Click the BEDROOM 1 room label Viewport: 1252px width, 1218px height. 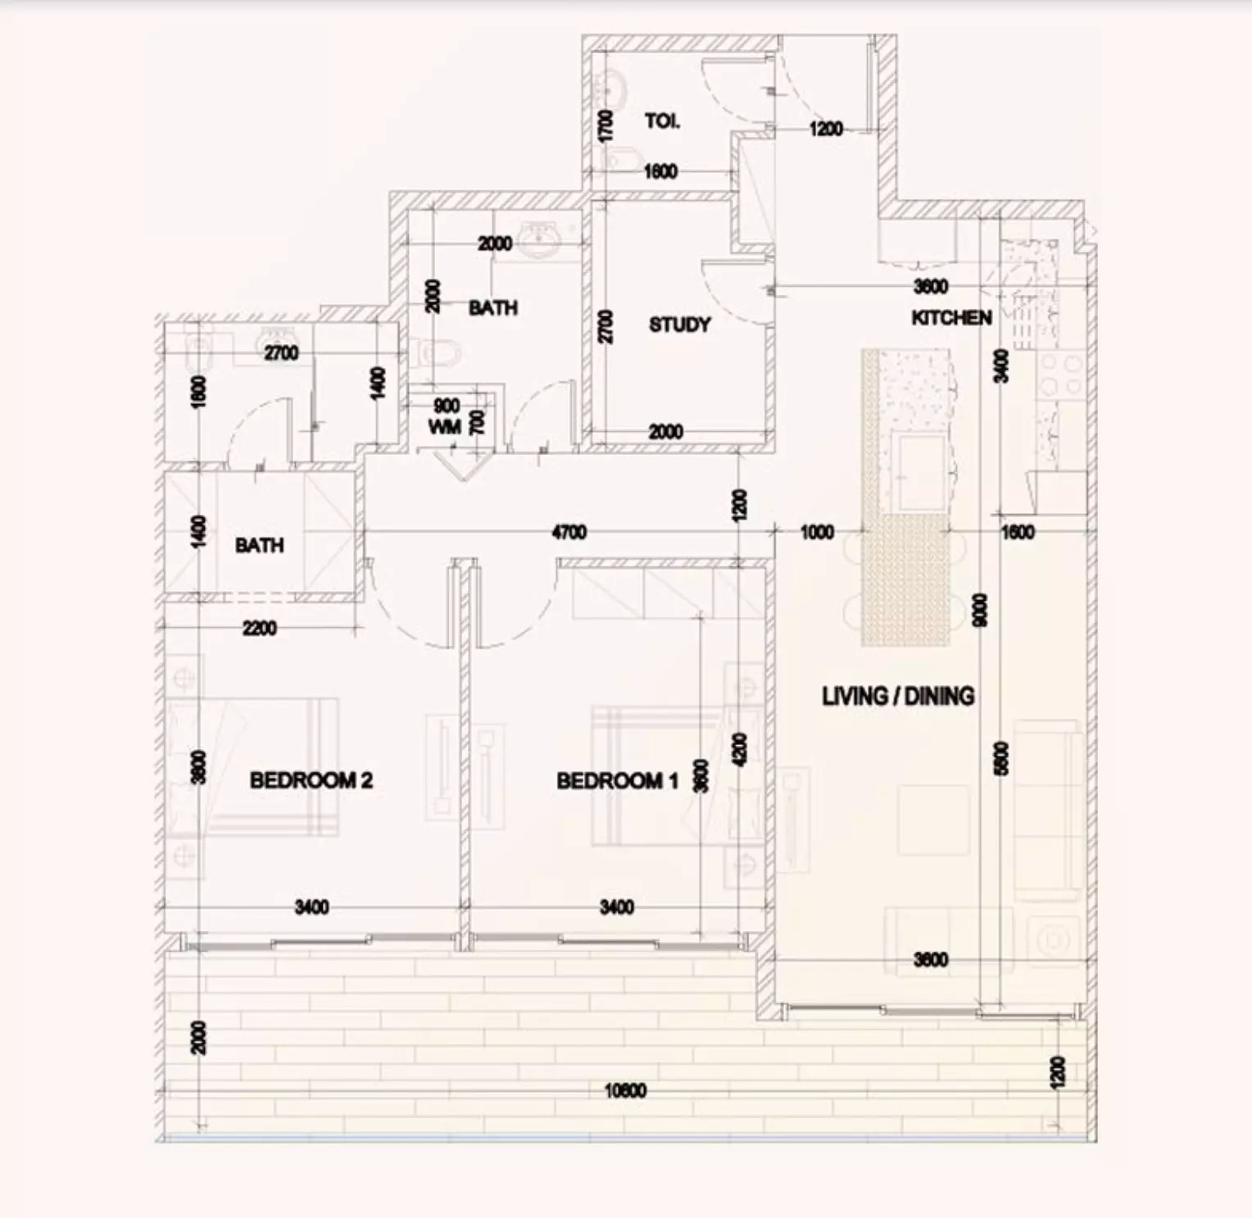(617, 780)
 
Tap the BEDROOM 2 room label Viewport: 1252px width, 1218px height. (311, 779)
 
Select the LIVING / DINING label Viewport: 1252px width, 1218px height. (898, 697)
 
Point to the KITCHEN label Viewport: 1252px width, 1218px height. (951, 317)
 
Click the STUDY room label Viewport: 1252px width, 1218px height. (679, 325)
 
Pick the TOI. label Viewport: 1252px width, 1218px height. (662, 121)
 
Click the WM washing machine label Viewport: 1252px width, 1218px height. (444, 427)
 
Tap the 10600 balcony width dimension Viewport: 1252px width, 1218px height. (625, 1091)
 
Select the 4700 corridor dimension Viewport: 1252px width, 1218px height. (569, 533)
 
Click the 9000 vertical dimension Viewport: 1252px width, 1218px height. (980, 610)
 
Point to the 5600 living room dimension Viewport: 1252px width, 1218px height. (1001, 757)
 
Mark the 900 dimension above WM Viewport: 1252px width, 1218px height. (447, 407)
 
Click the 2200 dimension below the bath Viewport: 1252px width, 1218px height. (259, 629)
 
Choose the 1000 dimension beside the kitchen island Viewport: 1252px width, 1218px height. (817, 533)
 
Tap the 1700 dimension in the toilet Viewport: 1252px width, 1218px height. (606, 126)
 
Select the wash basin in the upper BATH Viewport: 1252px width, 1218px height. (538, 240)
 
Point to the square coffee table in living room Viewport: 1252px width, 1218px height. (933, 820)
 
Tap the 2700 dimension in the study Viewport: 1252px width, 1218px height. (606, 326)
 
